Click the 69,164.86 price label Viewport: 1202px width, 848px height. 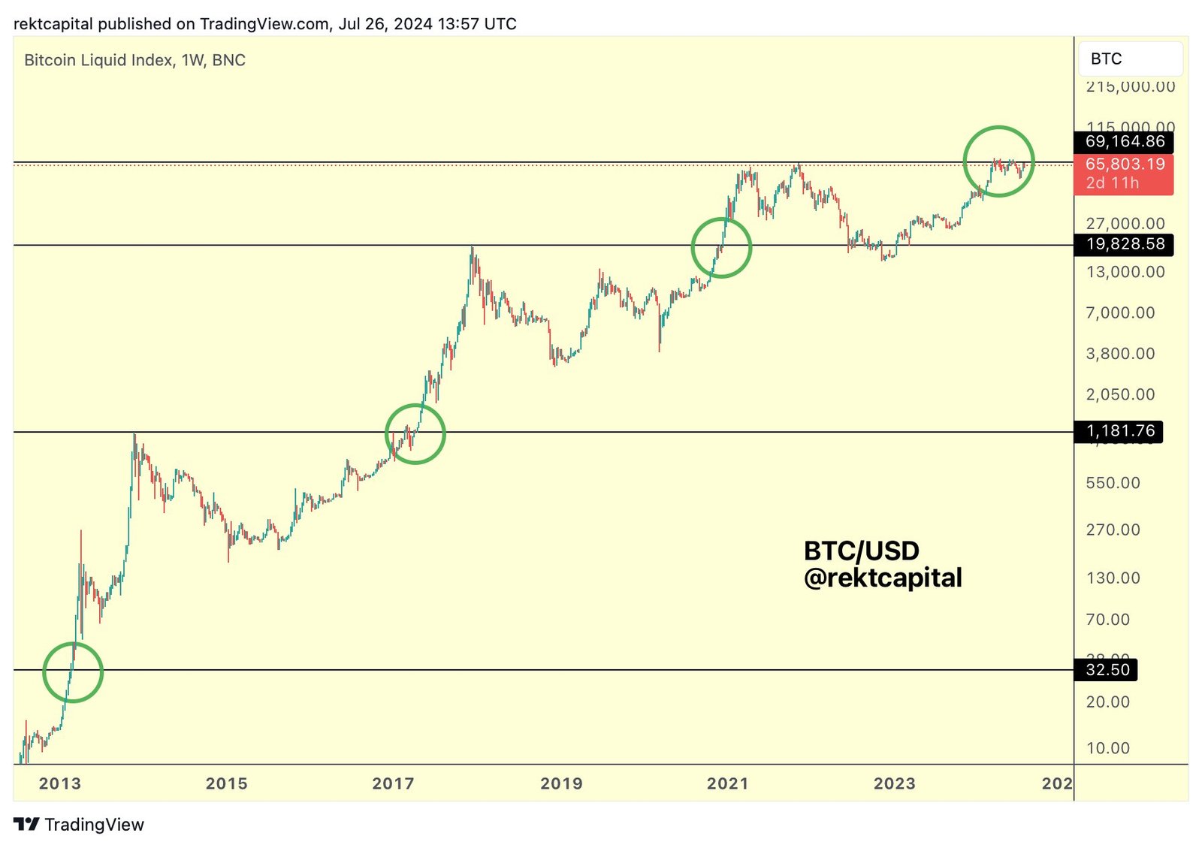coord(1125,141)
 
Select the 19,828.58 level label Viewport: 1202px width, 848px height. coord(1125,244)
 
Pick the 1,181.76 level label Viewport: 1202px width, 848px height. coord(1119,431)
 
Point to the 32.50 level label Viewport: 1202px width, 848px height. coord(1107,669)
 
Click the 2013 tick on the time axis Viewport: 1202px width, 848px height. coord(59,783)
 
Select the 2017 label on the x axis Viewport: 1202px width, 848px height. coord(393,783)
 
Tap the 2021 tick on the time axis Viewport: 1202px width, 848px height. coord(727,783)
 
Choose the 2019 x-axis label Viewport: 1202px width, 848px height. coord(561,783)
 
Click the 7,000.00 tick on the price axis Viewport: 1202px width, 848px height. coord(1120,312)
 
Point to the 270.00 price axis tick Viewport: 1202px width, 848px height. coord(1113,530)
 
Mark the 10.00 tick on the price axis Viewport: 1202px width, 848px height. coord(1107,748)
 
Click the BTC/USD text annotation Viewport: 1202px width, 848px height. coord(861,551)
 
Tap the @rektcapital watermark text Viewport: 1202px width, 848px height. coord(883,578)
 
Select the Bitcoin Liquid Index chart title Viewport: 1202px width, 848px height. coord(134,60)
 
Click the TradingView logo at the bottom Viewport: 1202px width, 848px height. coord(79,824)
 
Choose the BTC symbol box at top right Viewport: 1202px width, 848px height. coord(1130,59)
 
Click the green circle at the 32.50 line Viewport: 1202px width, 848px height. coord(73,672)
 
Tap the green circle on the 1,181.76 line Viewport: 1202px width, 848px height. coord(415,433)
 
